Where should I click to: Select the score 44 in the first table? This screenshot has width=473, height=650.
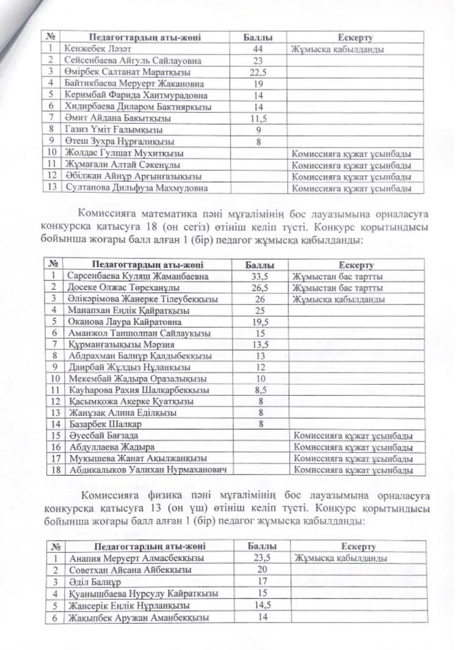point(258,49)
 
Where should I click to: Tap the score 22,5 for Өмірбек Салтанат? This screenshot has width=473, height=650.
point(258,72)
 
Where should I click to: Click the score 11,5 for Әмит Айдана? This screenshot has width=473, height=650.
point(258,118)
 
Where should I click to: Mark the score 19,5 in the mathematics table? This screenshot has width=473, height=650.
point(260,322)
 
